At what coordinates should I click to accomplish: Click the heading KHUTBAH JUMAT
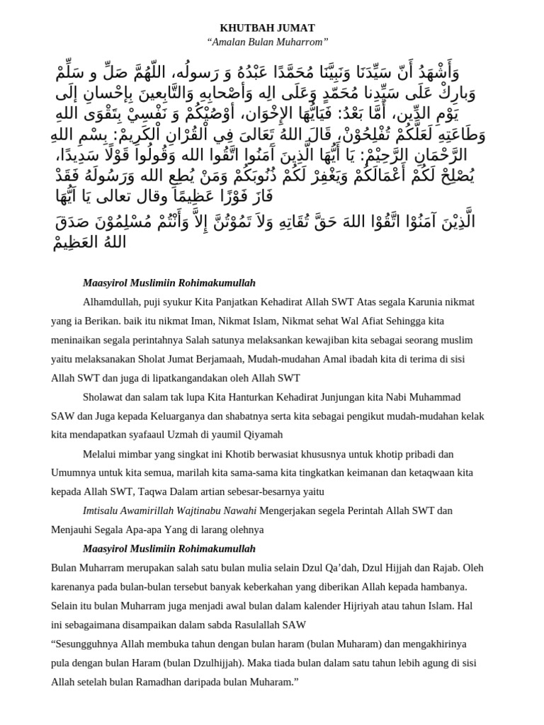pos(267,28)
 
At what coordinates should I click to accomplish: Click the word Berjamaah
pos(268,359)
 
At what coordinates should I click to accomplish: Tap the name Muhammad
pos(435,396)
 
